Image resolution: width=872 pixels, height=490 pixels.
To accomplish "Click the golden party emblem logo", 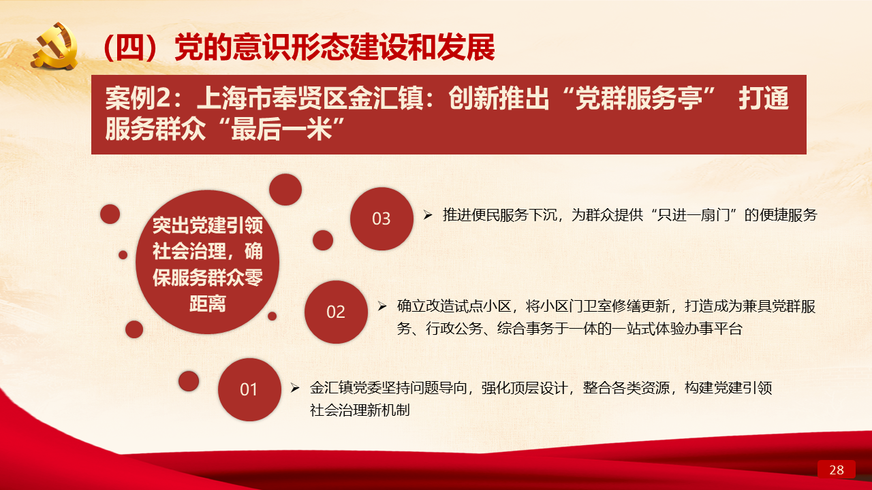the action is [54, 46].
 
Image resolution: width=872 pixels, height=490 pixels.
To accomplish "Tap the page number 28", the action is [836, 470].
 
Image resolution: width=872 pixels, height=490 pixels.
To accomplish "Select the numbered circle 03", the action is [381, 218].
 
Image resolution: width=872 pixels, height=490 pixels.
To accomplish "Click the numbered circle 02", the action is [336, 312].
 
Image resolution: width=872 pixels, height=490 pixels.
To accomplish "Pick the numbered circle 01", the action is [249, 389].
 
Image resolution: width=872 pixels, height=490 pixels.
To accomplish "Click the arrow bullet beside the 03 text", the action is [428, 214].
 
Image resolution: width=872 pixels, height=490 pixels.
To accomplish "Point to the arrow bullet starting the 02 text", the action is [382, 306].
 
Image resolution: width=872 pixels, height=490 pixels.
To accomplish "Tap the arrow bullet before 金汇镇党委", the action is [295, 388].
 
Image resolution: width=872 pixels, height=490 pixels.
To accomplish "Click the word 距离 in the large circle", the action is [208, 304].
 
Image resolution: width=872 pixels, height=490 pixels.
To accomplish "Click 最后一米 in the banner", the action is [281, 129].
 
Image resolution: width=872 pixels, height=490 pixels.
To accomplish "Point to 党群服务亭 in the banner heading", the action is [639, 98].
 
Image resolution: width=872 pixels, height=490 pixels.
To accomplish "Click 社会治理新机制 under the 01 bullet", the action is [360, 410].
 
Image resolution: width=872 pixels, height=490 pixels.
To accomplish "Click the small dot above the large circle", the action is [285, 189].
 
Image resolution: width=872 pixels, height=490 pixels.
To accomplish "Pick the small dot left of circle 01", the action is [189, 380].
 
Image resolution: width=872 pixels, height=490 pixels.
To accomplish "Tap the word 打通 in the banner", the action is [764, 98].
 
